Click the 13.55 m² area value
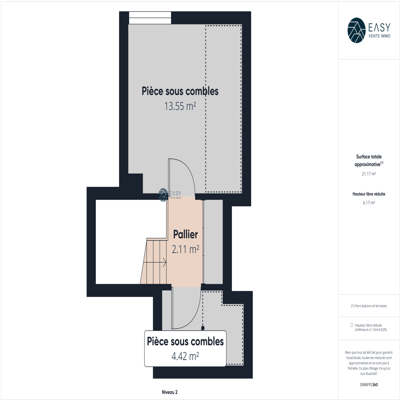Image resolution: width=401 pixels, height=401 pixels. coord(180,106)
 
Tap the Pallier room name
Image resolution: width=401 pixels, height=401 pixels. coord(185,234)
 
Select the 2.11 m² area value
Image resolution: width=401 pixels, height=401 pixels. coord(185,249)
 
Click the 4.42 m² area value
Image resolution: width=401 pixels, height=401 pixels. coord(185,356)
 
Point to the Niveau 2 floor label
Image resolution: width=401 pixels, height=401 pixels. coord(170,392)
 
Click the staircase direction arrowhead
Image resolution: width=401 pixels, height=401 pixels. coord(165,262)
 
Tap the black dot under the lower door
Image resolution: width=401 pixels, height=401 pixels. coord(203,328)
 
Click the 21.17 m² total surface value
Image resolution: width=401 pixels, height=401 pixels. coord(369,174)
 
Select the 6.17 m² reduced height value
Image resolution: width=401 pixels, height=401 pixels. coord(369,203)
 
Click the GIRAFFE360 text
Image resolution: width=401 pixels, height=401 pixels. coord(369,385)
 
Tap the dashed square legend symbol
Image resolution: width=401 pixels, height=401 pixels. coord(352,325)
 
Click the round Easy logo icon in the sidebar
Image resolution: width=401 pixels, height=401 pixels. coord(356,30)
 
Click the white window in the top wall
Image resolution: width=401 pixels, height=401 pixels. coord(150,18)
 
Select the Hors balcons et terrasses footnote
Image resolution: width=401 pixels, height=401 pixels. coord(369,306)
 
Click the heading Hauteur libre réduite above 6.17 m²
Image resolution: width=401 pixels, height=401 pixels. coord(369,194)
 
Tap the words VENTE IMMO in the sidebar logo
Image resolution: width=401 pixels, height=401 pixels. coord(379,36)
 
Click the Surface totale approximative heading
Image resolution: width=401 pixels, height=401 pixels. coord(369,160)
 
